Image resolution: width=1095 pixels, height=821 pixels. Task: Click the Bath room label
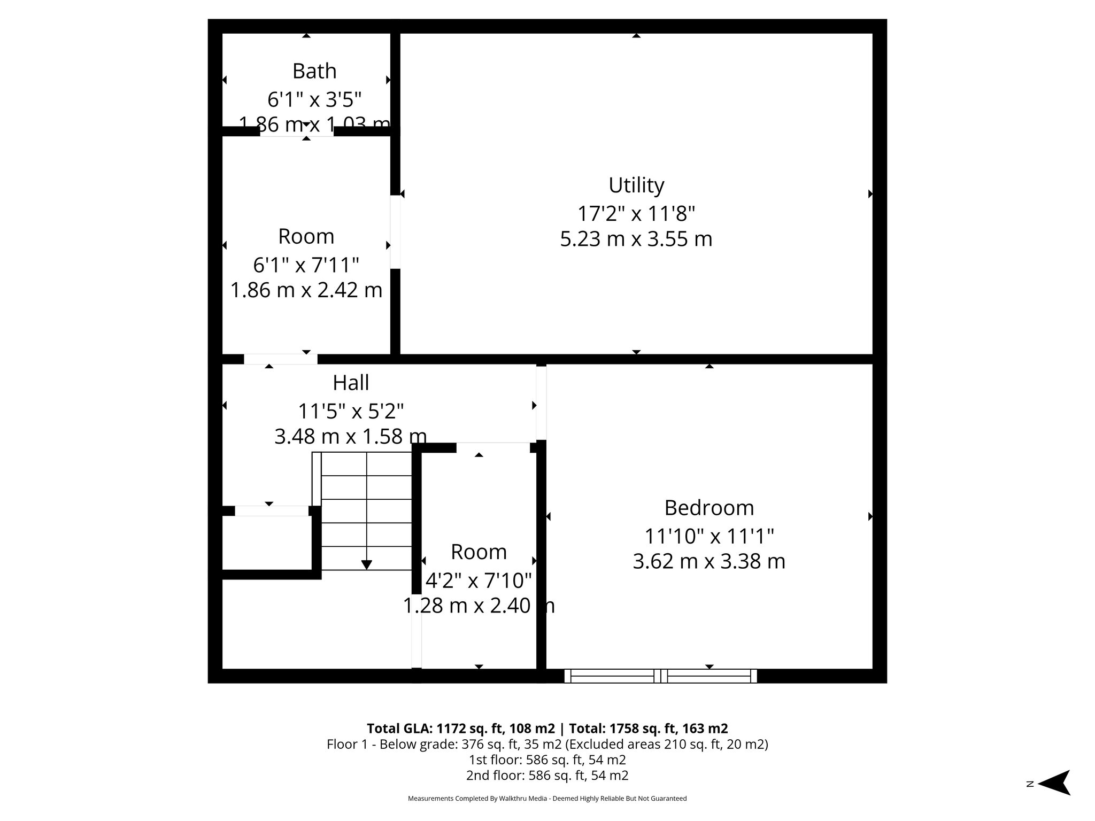tap(314, 71)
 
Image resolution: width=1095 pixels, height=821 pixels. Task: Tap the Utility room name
tap(636, 185)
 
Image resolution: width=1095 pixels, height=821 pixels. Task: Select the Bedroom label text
tap(709, 508)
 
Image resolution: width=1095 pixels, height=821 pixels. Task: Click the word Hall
tap(351, 383)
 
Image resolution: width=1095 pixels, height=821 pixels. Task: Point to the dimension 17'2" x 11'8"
tap(636, 214)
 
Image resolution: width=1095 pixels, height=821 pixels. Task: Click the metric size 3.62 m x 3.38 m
tap(709, 561)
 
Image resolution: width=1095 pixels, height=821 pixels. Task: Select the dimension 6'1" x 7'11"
tap(306, 265)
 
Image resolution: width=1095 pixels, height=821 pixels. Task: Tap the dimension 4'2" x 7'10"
tap(479, 580)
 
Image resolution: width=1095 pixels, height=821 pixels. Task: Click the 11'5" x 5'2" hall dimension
tap(351, 412)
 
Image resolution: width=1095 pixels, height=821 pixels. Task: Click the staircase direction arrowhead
tap(367, 564)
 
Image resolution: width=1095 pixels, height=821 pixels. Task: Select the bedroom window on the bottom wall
tap(661, 676)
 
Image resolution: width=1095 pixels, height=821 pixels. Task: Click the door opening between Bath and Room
tap(297, 131)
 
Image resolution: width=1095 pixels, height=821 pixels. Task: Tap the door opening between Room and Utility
tap(395, 232)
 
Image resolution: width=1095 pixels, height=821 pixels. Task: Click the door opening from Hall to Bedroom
tap(541, 402)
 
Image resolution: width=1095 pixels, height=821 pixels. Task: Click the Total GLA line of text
tap(547, 729)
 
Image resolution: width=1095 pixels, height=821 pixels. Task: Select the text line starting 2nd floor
tap(547, 775)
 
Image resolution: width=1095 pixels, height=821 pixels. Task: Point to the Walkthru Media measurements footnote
tap(547, 799)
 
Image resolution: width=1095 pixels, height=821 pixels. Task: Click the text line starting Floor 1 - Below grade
tap(547, 744)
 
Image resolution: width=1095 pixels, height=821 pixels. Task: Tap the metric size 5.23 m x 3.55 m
tap(636, 239)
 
